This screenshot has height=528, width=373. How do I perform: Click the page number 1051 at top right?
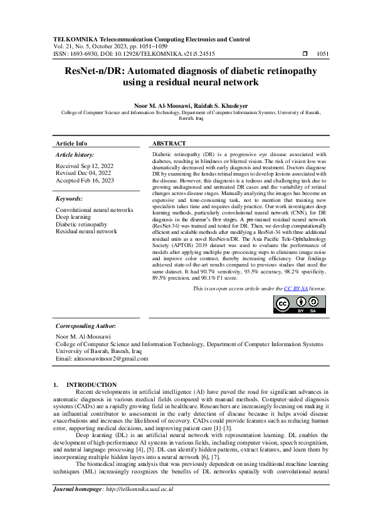[323, 55]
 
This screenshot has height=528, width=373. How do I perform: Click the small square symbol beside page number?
[305, 55]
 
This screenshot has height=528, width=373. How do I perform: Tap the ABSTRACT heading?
[169, 144]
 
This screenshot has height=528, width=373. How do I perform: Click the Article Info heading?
[71, 144]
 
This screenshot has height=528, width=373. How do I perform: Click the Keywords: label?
[70, 198]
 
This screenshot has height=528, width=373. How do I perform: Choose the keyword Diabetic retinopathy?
[81, 224]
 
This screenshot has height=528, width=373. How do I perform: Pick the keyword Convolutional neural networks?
[95, 209]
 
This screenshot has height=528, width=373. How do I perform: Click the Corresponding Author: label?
[86, 326]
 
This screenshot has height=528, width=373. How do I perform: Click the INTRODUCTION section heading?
[91, 384]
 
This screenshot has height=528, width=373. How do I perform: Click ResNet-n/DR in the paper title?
[98, 71]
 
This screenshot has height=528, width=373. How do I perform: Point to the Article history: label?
[75, 154]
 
